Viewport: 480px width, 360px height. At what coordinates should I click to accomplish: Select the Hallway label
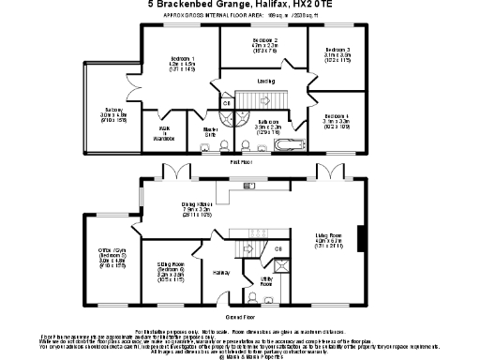pyautogui.click(x=221, y=273)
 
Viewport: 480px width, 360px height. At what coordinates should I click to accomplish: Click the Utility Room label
pyautogui.click(x=266, y=280)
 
